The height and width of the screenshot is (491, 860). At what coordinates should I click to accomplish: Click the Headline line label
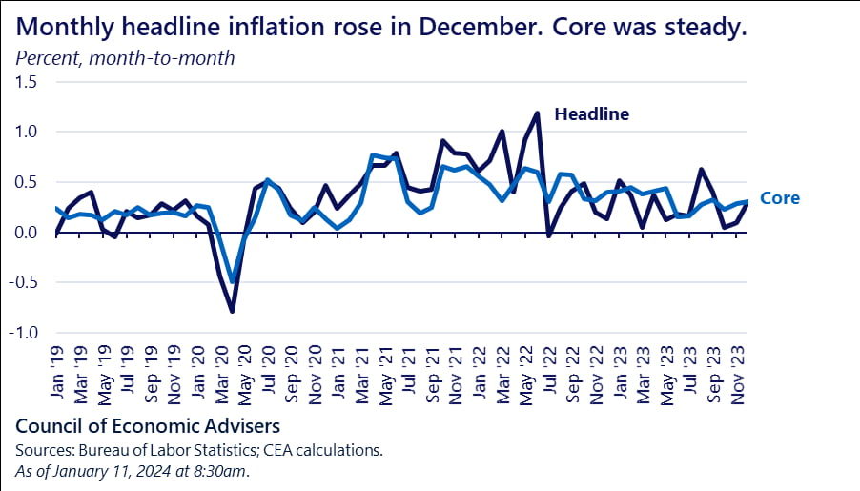click(592, 114)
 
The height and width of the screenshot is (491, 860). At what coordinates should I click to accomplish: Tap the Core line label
click(780, 199)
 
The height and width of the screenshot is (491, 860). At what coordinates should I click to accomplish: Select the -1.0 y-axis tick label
click(24, 334)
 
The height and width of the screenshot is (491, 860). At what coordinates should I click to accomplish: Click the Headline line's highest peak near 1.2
click(538, 113)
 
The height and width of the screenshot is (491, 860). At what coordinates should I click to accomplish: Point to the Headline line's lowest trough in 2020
click(232, 311)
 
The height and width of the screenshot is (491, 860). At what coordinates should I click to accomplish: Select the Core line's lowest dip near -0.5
click(232, 281)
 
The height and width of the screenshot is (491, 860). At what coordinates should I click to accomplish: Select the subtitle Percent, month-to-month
click(125, 58)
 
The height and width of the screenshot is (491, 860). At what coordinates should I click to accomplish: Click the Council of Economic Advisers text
click(149, 423)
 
